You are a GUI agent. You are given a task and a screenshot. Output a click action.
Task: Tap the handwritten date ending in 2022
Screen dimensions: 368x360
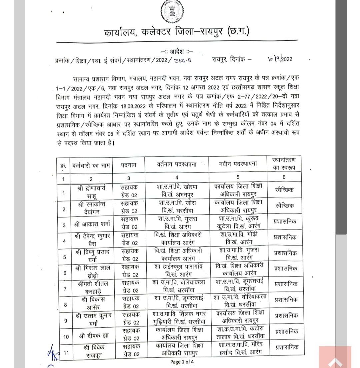click(280, 59)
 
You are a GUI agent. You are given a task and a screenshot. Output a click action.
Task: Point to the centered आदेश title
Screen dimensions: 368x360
click(177, 52)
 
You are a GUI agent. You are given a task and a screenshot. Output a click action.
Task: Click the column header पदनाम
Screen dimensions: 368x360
click(128, 165)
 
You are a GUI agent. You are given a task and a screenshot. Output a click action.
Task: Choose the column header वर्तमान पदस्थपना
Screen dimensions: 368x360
click(177, 165)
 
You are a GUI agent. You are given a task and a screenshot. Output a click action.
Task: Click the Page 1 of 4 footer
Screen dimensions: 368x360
click(182, 362)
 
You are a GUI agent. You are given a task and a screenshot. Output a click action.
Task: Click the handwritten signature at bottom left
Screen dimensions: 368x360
click(53, 354)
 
